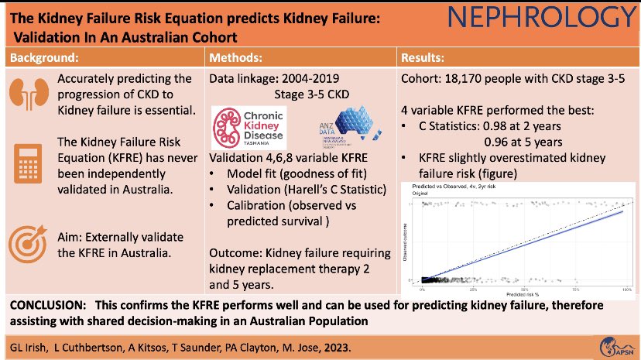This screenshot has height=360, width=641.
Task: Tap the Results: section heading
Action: (427, 57)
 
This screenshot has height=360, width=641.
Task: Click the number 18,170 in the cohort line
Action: (464, 77)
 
